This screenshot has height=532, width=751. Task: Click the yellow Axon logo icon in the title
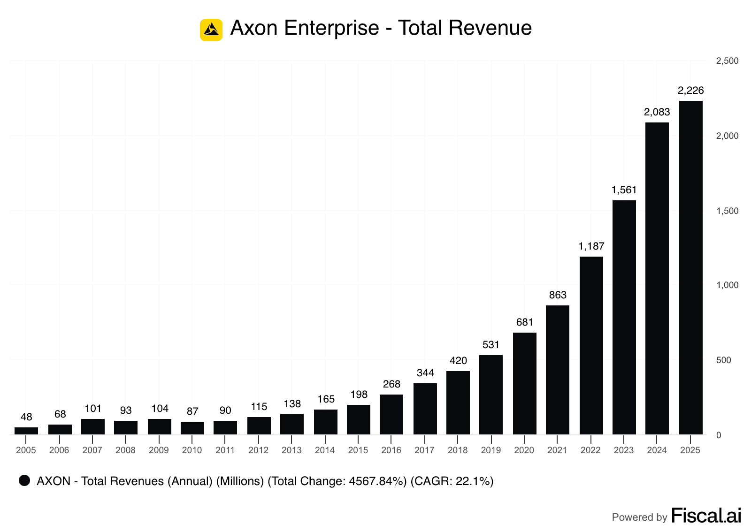[211, 30]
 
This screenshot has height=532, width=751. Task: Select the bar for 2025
[690, 267]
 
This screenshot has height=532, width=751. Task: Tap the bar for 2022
[591, 345]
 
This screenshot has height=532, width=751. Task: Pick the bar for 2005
[26, 431]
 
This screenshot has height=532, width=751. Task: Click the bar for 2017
[425, 409]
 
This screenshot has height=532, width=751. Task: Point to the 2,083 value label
[657, 112]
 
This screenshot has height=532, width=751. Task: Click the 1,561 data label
[624, 190]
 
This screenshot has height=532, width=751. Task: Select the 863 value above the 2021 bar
[558, 295]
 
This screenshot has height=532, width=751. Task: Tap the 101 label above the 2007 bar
[93, 409]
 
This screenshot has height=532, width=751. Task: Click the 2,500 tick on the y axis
[727, 61]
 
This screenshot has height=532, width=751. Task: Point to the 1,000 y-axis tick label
[727, 285]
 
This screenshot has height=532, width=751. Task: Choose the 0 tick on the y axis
[719, 435]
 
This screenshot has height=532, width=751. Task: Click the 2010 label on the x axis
[192, 450]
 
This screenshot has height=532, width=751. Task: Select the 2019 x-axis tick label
[490, 450]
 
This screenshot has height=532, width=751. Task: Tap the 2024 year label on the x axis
[657, 450]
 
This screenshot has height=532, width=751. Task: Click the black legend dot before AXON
[24, 480]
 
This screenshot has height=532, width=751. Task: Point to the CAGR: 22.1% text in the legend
[452, 481]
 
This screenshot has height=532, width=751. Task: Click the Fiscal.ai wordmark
[706, 516]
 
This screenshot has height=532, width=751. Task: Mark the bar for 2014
[325, 422]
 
